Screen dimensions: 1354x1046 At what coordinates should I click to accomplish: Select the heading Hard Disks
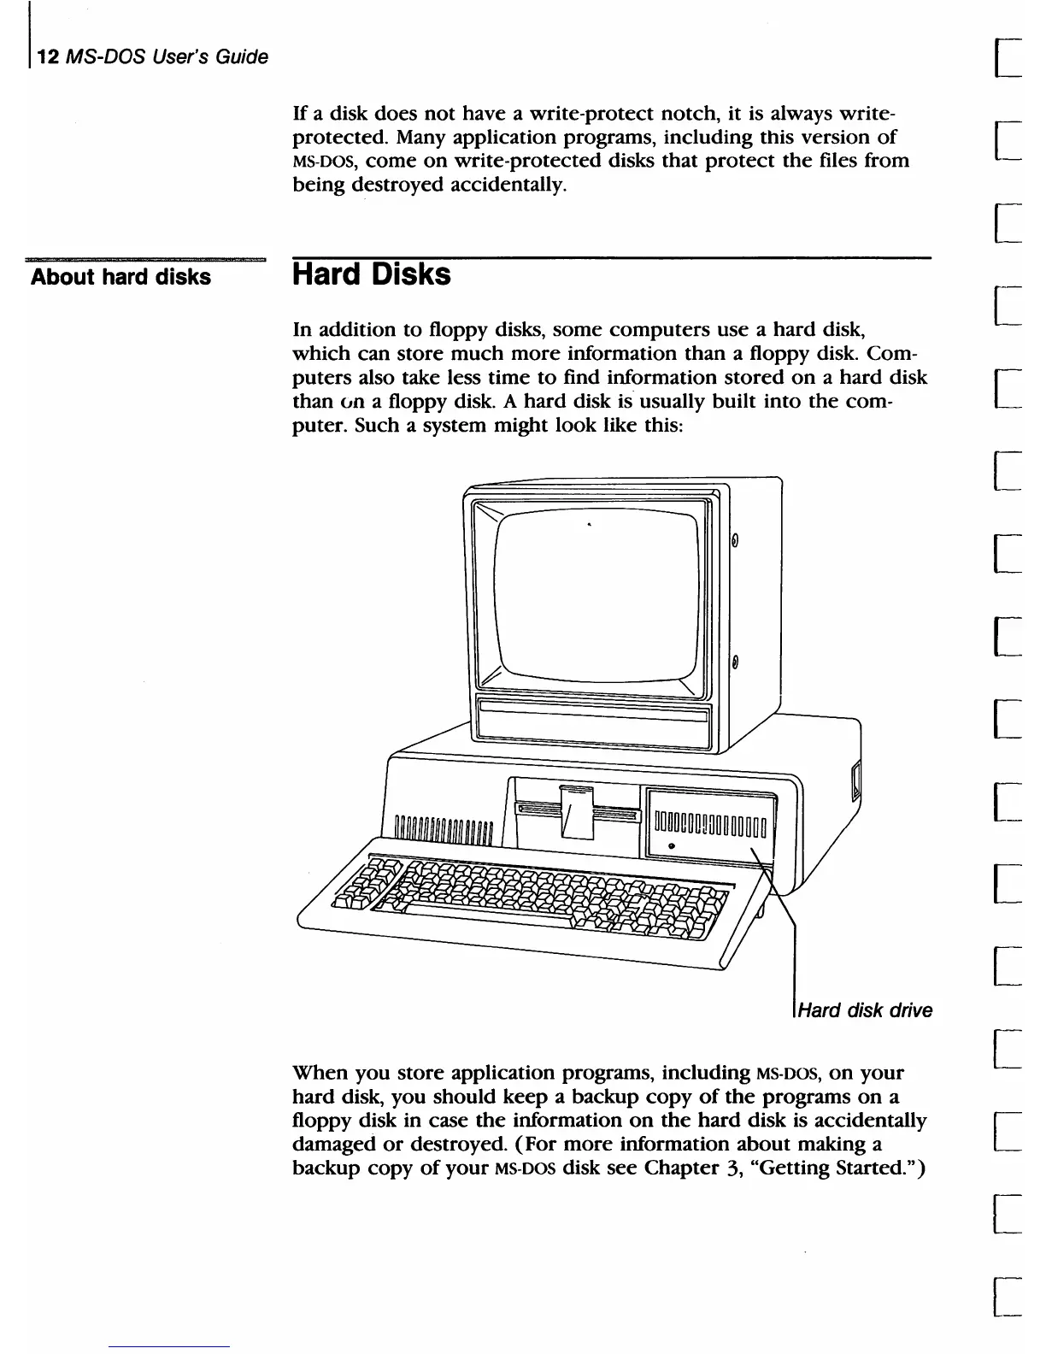[x=371, y=275]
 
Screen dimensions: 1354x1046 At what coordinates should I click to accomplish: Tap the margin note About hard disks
[x=120, y=277]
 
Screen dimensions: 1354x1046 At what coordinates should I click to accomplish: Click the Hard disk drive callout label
[x=864, y=1010]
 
